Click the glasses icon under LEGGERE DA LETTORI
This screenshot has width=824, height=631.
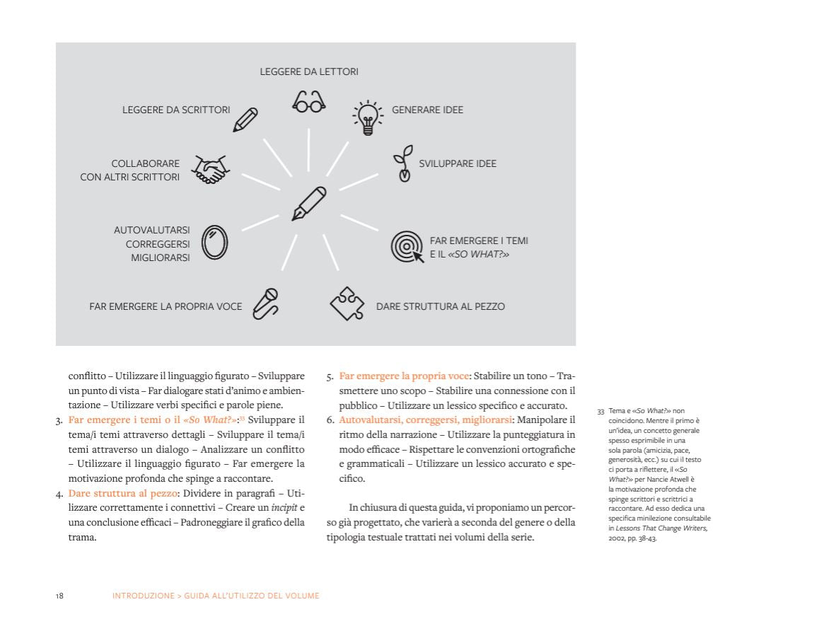[x=309, y=103]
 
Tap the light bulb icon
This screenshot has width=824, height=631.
[x=368, y=117]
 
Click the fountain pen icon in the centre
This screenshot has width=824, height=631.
[x=309, y=204]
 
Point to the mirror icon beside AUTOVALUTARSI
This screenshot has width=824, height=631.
[x=215, y=244]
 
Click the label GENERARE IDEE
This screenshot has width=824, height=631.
[x=427, y=110]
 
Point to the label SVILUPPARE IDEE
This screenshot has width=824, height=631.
[x=458, y=163]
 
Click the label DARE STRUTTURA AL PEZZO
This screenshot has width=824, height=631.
[x=440, y=307]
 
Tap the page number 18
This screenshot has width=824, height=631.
[x=59, y=596]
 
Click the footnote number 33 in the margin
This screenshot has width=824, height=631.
[x=601, y=411]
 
